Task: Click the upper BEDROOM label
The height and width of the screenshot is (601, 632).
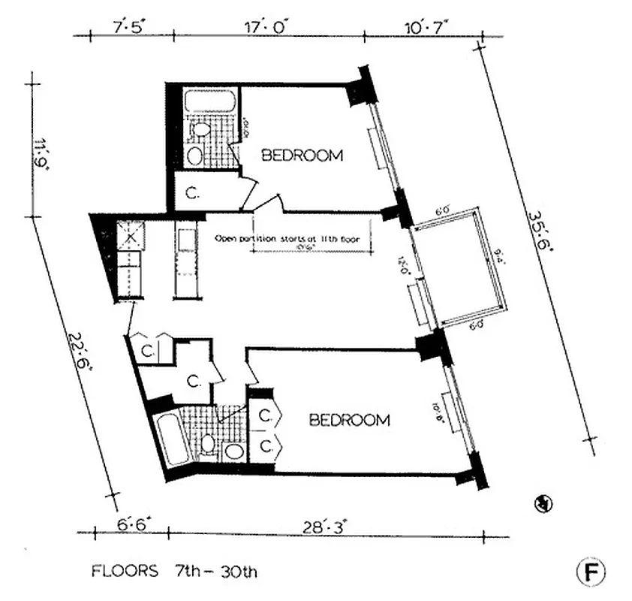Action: (302, 156)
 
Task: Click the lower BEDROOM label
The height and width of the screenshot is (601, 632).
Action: (350, 420)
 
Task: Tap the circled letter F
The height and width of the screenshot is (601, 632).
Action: (590, 572)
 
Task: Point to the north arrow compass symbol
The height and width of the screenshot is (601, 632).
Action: (538, 504)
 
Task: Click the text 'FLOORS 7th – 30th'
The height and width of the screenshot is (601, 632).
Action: (174, 572)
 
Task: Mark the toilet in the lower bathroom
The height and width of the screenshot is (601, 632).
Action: (208, 443)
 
